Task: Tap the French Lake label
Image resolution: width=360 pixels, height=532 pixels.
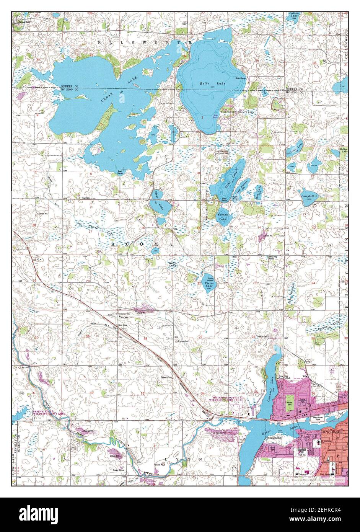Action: tap(223, 217)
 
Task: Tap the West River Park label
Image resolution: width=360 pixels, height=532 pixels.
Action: tap(316, 418)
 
